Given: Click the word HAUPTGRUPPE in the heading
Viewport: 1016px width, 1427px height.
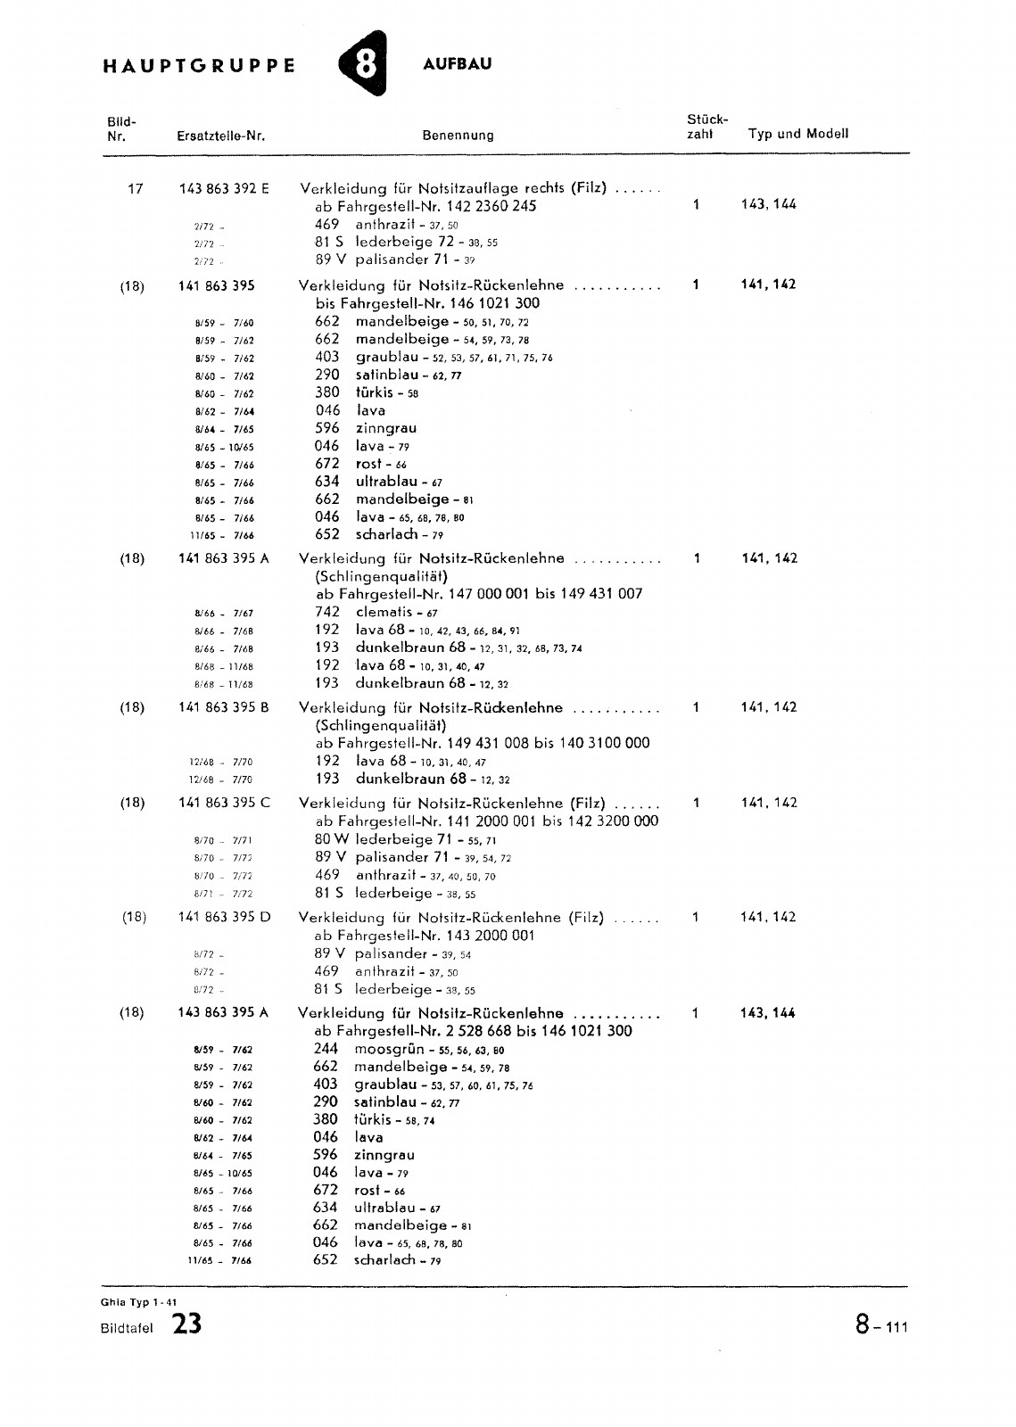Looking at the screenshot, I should coord(199,66).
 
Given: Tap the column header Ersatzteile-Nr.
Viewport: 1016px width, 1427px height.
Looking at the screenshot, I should coord(222,136).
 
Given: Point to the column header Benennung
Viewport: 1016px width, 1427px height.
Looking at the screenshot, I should coord(458,136).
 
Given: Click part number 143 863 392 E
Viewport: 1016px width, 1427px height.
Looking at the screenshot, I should coord(224,188).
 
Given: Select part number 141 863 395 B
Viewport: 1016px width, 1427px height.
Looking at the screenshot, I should coord(224,707).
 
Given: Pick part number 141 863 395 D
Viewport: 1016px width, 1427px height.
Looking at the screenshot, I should coord(224,917).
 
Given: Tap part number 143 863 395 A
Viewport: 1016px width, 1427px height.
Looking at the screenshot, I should coord(223,1013).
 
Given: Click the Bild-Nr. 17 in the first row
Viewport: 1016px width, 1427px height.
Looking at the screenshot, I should coord(136,188).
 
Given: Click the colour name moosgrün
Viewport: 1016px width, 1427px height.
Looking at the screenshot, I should coord(391,1049).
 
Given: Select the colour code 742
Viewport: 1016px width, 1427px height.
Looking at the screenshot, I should coord(327,612).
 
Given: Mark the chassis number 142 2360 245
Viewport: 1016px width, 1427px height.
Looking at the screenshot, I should coord(474,206).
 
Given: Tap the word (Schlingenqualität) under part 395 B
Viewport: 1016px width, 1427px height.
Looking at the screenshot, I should coord(381,725).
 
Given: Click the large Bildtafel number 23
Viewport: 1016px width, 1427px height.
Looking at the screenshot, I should coord(187,1325).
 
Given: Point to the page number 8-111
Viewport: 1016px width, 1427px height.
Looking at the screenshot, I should coord(880,1325).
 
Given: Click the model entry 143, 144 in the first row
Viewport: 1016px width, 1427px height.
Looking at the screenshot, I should coord(769,204).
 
